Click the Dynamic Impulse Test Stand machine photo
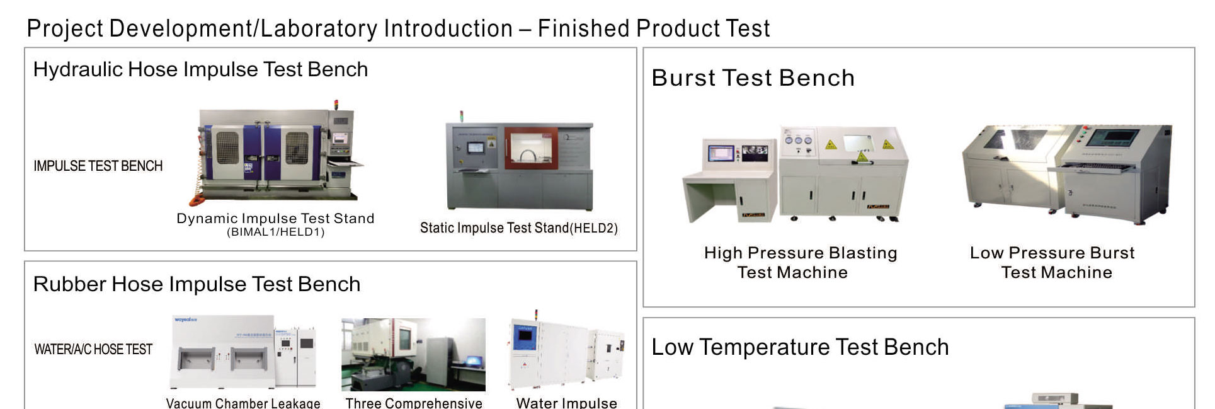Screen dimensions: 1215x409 coord(277,154)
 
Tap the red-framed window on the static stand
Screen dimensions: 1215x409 coord(531,148)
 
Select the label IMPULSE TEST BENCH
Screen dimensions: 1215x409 coord(98,166)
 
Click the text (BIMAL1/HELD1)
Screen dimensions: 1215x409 coord(276,232)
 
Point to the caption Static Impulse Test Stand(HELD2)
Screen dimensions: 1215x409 coord(519,228)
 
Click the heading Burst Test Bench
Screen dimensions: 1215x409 coord(753,78)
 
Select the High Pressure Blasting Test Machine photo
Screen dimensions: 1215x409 coord(796,173)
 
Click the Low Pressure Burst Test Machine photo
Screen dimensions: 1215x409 coord(1067,173)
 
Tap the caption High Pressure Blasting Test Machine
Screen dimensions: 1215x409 coord(800,262)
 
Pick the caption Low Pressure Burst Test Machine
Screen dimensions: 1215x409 coord(1053,262)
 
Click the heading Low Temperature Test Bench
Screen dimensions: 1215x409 coord(800,347)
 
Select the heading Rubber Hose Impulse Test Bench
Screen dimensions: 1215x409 coord(197,284)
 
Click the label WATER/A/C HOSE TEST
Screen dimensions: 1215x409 coord(93,349)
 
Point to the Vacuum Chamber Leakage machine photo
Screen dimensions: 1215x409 coord(244,352)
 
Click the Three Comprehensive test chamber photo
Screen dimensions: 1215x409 coord(413,355)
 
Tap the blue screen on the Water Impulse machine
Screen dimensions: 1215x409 coord(524,338)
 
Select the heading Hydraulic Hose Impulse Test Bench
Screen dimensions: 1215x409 coord(200,69)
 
